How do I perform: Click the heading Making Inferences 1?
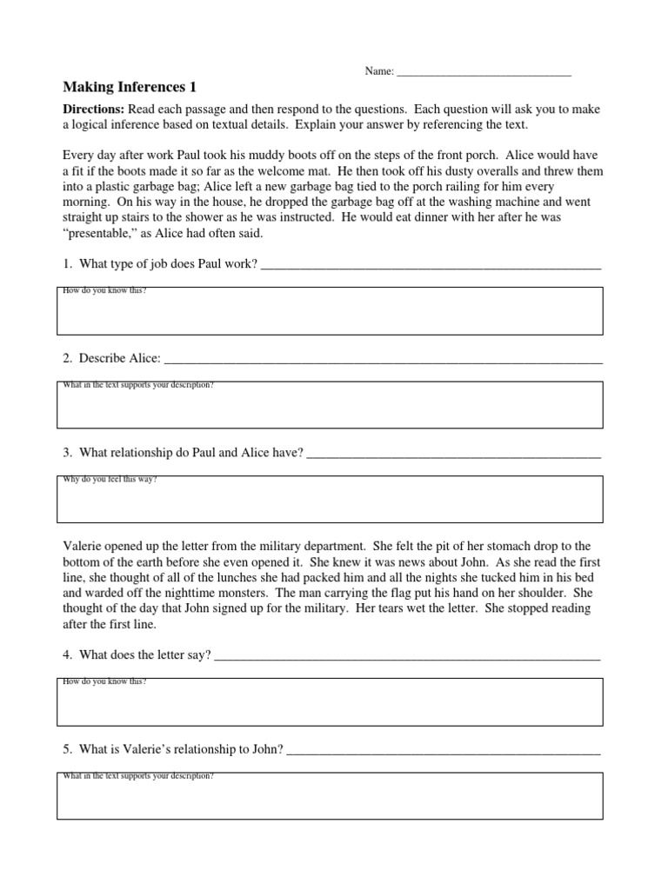(130, 87)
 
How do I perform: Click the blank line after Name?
(483, 72)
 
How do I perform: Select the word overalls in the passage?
(460, 171)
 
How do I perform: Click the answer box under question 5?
(330, 799)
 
